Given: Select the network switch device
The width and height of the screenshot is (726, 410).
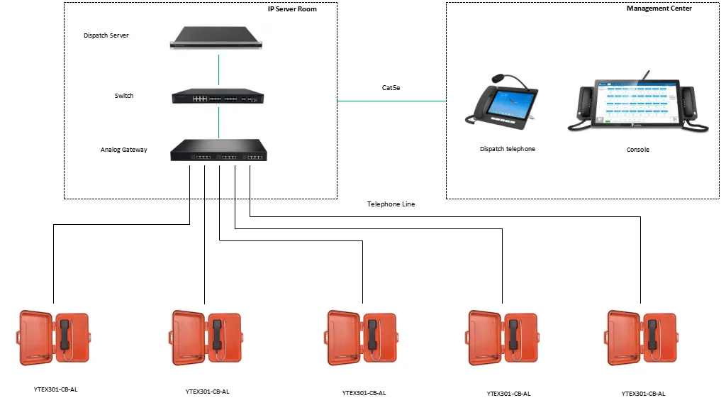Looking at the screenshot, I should (218, 97).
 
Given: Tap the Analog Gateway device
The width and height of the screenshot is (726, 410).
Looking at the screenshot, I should (218, 150).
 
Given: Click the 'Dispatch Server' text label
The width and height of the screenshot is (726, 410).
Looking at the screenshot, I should (106, 35).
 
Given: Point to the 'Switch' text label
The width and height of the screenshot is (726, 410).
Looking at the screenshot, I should (124, 96).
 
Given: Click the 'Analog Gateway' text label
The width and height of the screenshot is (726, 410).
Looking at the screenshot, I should (124, 150).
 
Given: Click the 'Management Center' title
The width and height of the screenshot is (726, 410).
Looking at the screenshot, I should (659, 9).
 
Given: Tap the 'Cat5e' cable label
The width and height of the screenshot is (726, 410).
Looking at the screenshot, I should (392, 88).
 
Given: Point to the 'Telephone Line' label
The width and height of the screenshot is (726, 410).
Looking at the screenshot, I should (391, 204).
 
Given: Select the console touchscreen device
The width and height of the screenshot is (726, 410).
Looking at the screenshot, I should (638, 105).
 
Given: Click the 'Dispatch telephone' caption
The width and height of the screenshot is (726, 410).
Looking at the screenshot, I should (507, 149).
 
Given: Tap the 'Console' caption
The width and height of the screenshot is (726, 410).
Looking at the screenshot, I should (637, 150).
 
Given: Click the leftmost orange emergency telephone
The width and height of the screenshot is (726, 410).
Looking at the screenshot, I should (53, 338).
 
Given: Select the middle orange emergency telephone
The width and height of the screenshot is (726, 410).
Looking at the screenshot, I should (362, 338).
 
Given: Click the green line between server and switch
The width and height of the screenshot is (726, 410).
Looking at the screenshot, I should (218, 70).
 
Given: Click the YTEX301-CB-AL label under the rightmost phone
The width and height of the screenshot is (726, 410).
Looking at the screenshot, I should (643, 393).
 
